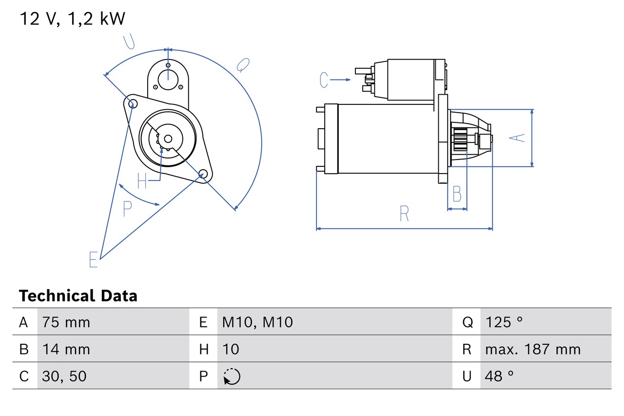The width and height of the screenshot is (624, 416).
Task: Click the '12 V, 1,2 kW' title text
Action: tap(72, 19)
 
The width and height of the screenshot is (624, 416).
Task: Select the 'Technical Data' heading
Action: tap(78, 296)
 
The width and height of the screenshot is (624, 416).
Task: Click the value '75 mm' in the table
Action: tap(66, 322)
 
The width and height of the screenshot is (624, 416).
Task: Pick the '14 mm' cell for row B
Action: tap(66, 349)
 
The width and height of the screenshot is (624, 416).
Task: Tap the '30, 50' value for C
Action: tap(64, 376)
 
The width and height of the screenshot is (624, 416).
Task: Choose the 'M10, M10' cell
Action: tap(257, 322)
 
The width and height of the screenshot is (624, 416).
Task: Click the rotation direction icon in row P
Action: tap(232, 376)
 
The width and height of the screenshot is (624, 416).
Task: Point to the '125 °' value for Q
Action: tap(504, 322)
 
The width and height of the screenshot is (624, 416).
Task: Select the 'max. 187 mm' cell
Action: tap(533, 349)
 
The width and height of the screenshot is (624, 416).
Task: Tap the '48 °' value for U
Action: tap(500, 376)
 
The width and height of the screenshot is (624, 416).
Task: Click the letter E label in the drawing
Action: tap(94, 259)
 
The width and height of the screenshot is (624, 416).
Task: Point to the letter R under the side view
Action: tap(404, 214)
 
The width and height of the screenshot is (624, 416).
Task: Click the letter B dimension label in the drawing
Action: tap(457, 194)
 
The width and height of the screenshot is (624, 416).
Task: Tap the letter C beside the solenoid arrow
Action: tap(324, 79)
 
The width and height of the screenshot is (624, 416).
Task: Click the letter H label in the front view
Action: tap(142, 181)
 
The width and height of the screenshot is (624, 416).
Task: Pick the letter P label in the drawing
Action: tap(127, 209)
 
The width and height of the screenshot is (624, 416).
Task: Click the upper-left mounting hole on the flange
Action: tap(131, 102)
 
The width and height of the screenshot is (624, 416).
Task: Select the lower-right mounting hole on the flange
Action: tap(203, 174)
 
